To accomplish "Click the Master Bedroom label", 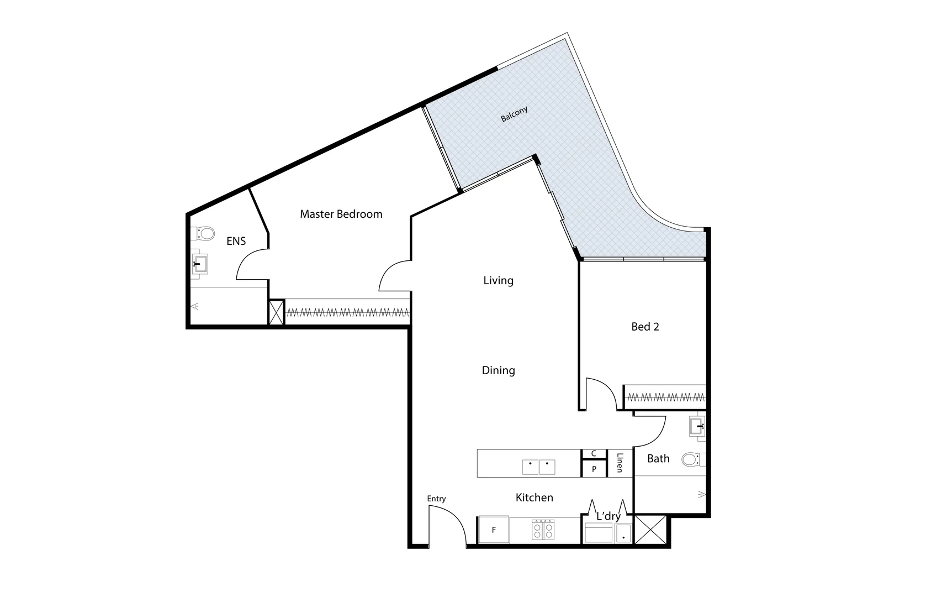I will (341, 214).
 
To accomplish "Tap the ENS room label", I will (236, 241).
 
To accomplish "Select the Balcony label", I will (514, 114).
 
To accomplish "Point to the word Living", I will (498, 281).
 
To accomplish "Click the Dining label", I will (498, 371).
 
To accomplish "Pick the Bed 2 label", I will (645, 327).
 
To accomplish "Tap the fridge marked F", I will (494, 530).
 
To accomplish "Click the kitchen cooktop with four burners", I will (543, 530).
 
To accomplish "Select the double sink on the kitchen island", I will (538, 467).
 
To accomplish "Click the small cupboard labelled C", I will (594, 454).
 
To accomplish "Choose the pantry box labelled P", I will (594, 469).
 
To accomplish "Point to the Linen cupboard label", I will (620, 463).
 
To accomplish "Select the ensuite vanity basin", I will (199, 264).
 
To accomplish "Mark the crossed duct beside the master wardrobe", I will (276, 312).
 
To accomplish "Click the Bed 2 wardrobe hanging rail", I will (665, 397).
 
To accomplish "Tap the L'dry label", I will (608, 516).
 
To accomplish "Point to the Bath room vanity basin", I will (697, 427).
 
